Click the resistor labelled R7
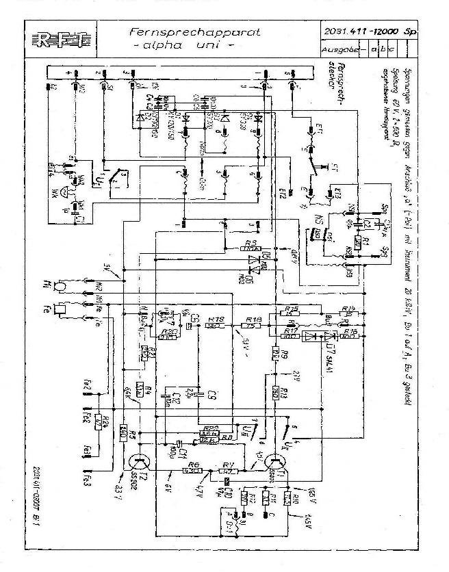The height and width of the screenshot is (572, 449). (x=230, y=470)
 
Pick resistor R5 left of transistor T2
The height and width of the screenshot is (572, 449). (x=124, y=432)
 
